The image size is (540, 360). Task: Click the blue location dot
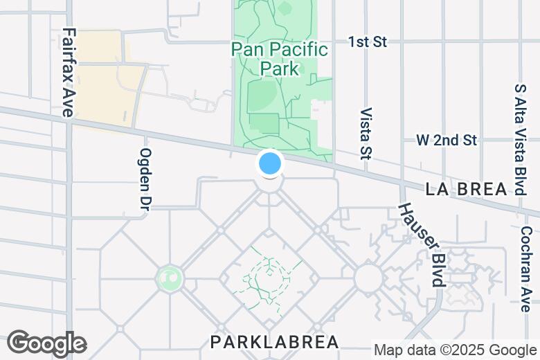pos(270,164)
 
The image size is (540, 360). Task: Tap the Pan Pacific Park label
pos(280,59)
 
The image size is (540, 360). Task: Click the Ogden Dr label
pos(146,178)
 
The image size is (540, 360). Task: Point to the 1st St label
pos(368,42)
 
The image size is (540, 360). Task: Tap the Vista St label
pos(367,132)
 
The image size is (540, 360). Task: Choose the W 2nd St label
pos(447,141)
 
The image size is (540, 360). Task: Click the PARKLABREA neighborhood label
pos(275,342)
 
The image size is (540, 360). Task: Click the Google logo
pos(46,343)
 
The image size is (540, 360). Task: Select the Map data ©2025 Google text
pos(455,350)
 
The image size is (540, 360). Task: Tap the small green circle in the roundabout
pos(169,279)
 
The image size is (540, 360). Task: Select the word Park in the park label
pos(280,69)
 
